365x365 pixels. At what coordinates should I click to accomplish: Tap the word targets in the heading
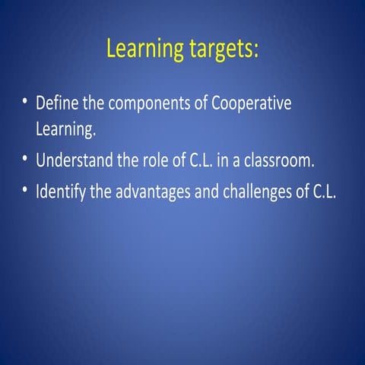point(221,49)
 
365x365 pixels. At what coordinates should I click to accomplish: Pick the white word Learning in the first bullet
point(66,129)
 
